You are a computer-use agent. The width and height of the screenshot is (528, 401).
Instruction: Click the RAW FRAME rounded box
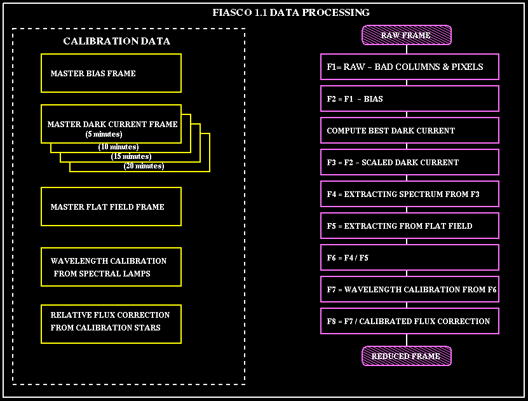pyautogui.click(x=406, y=36)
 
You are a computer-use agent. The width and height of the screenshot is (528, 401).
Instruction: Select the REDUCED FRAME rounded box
pyautogui.click(x=406, y=356)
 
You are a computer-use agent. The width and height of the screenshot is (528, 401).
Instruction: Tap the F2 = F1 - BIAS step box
pyautogui.click(x=409, y=99)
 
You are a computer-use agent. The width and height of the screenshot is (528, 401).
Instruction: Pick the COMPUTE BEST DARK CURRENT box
pyautogui.click(x=409, y=130)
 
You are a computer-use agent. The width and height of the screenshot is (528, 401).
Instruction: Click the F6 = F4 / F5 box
pyautogui.click(x=409, y=257)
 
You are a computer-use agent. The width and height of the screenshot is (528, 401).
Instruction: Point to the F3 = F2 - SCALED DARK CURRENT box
pyautogui.click(x=409, y=162)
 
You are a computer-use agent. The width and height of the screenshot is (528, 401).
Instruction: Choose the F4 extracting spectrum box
pyautogui.click(x=409, y=194)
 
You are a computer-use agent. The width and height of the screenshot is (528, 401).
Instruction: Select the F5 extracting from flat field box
pyautogui.click(x=409, y=226)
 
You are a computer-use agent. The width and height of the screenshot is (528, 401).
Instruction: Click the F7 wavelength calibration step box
pyautogui.click(x=409, y=289)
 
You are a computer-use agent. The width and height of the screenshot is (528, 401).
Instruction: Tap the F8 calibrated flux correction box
pyautogui.click(x=409, y=321)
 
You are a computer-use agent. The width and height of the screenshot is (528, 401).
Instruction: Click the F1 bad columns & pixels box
pyautogui.click(x=409, y=67)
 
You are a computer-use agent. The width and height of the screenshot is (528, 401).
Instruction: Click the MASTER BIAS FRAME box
pyautogui.click(x=111, y=73)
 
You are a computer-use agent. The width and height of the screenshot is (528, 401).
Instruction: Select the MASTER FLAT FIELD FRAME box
pyautogui.click(x=111, y=207)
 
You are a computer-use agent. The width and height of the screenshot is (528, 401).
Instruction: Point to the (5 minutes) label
pyautogui.click(x=104, y=134)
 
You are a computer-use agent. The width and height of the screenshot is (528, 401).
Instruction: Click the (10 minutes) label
pyautogui.click(x=118, y=147)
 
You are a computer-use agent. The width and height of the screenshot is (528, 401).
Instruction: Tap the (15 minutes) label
pyautogui.click(x=131, y=156)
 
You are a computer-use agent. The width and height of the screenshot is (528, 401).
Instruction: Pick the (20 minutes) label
pyautogui.click(x=144, y=166)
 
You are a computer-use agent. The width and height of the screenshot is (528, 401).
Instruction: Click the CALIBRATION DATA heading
pyautogui.click(x=116, y=41)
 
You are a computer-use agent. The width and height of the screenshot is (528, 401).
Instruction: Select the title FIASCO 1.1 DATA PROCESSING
pyautogui.click(x=291, y=12)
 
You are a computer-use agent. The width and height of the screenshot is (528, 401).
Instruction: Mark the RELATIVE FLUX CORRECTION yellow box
pyautogui.click(x=111, y=324)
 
